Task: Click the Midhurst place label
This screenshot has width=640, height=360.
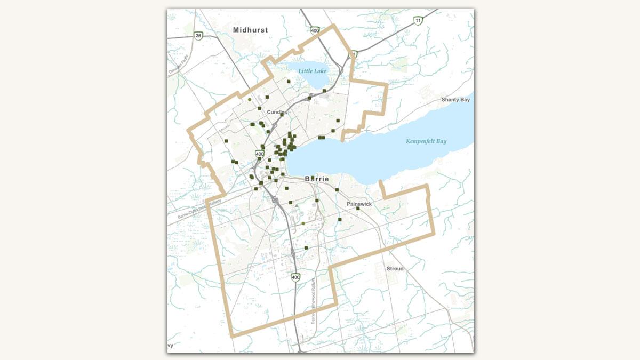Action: tap(250, 30)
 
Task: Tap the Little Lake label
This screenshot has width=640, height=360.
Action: tap(312, 71)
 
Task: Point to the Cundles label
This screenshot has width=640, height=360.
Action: tap(277, 112)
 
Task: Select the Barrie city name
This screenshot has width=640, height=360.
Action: tap(317, 179)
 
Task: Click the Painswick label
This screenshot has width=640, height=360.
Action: tap(358, 204)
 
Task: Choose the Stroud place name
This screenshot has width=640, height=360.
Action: tap(395, 269)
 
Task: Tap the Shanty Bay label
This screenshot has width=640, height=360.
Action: tap(455, 100)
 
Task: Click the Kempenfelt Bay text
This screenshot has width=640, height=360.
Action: tap(426, 141)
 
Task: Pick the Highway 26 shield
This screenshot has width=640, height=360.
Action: tap(198, 36)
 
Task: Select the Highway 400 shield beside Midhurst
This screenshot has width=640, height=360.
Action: tap(315, 30)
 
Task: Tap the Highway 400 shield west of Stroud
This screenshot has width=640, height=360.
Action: tap(295, 277)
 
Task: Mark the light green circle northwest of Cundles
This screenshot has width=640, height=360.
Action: tap(250, 99)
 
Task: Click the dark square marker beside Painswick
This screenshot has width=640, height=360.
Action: tap(358, 209)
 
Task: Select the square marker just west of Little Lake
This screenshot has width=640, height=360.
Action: tap(288, 82)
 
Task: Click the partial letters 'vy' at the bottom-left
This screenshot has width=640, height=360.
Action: tap(171, 346)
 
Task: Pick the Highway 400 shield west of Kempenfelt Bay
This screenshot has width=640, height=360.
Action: tap(259, 154)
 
